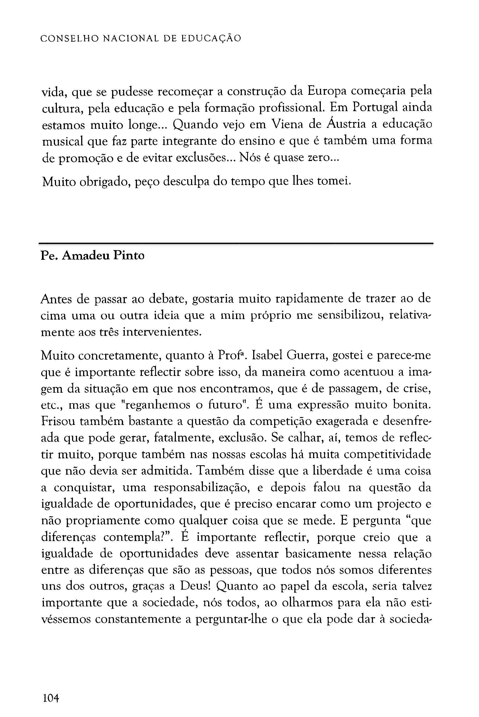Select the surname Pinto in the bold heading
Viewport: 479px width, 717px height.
129,255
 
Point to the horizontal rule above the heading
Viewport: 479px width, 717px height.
236,244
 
